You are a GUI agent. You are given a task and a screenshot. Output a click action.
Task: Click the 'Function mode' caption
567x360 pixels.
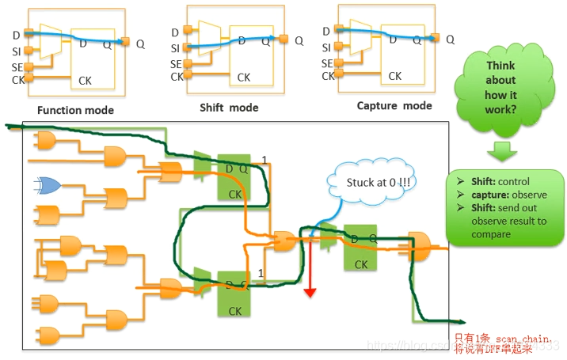coord(75,110)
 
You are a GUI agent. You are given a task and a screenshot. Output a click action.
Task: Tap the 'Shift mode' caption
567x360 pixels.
coord(229,108)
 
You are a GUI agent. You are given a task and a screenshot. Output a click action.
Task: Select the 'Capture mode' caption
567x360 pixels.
coord(394,105)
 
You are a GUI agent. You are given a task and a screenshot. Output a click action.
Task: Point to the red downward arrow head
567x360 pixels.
coord(310,292)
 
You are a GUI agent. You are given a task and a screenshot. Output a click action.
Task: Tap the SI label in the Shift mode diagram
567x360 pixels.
coord(175,48)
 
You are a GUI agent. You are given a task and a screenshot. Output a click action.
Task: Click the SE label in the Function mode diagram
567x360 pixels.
coord(18,66)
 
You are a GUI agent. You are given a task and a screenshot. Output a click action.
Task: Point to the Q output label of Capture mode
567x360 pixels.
coord(451,39)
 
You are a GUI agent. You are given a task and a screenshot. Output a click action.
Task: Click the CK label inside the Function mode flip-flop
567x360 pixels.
coord(86,81)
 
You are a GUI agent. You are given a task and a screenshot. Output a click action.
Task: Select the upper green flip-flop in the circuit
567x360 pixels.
coord(234,176)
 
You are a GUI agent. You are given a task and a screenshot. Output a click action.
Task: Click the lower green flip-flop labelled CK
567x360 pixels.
coord(234,292)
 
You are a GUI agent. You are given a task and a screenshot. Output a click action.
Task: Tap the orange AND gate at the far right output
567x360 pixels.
coord(420,245)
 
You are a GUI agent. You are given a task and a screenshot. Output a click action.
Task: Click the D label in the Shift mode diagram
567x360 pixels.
coord(175,32)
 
